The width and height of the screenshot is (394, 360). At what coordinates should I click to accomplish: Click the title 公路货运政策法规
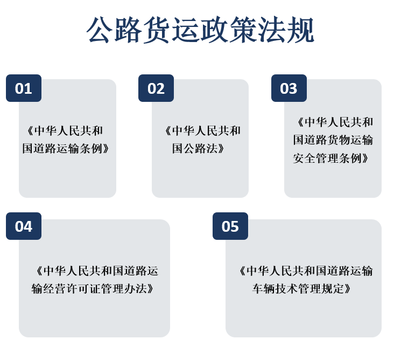pyautogui.click(x=200, y=30)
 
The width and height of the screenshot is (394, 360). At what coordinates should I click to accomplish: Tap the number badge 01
pyautogui.click(x=24, y=88)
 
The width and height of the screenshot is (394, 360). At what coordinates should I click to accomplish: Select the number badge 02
pyautogui.click(x=156, y=88)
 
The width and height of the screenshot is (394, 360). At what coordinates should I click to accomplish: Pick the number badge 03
pyautogui.click(x=289, y=88)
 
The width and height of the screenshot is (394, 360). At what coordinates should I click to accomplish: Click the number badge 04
pyautogui.click(x=24, y=226)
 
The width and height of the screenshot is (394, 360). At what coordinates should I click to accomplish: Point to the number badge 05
pyautogui.click(x=230, y=226)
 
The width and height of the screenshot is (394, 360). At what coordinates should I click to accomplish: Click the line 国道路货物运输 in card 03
pyautogui.click(x=333, y=140)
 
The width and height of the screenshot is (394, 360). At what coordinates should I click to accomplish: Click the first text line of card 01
pyautogui.click(x=65, y=130)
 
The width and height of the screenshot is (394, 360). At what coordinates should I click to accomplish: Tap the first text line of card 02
pyautogui.click(x=202, y=130)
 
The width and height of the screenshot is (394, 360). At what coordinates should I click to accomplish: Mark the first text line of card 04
pyautogui.click(x=97, y=271)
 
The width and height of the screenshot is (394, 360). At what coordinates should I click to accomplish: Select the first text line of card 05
pyautogui.click(x=306, y=271)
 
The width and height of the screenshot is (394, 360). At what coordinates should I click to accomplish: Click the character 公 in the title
pyautogui.click(x=99, y=30)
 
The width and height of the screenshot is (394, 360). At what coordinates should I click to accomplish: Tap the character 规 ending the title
pyautogui.click(x=301, y=30)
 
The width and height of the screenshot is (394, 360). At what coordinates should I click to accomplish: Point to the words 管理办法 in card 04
pyautogui.click(x=124, y=288)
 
